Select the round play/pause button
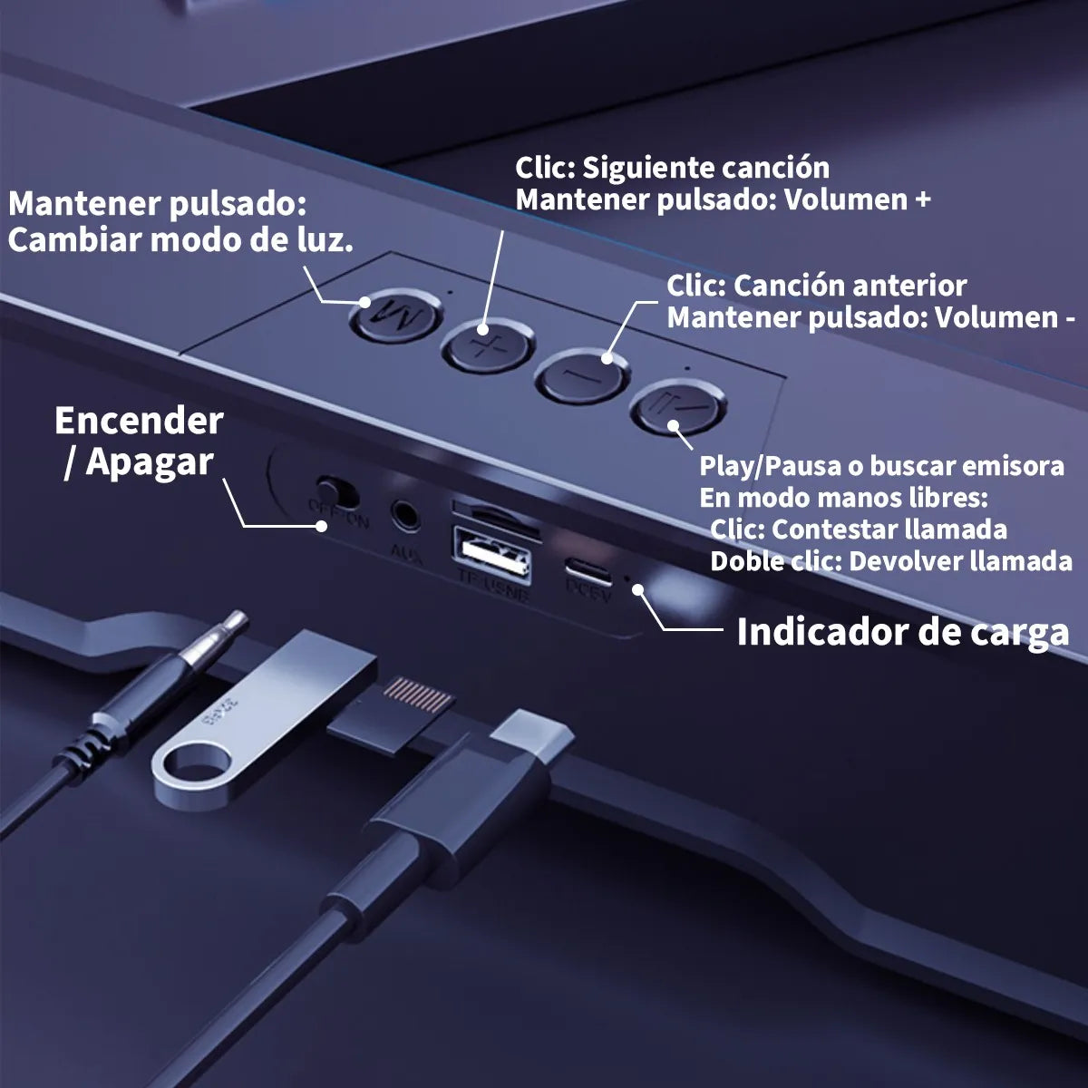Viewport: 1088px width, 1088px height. point(679,409)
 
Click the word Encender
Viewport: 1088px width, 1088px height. point(139,422)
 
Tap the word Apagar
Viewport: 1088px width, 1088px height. point(150,462)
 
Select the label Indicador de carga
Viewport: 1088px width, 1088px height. point(902,632)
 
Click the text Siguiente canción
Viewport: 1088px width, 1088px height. point(705,168)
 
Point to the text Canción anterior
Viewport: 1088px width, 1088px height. point(850,286)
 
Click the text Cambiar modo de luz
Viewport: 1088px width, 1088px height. point(180,240)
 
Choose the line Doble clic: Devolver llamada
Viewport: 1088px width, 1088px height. point(890,560)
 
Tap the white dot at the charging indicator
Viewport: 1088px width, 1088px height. point(639,588)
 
